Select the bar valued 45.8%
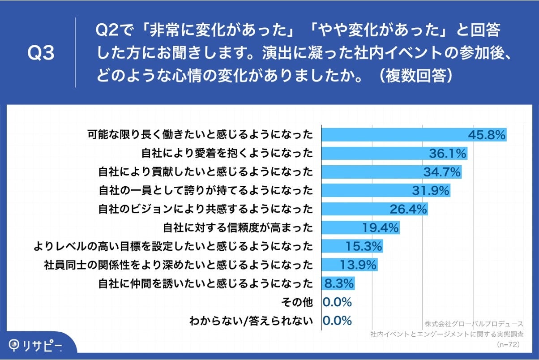394,134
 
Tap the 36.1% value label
448,154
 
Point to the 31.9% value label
430,191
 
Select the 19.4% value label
380,228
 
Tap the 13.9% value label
358,265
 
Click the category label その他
296,302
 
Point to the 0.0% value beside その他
337,302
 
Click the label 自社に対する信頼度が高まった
238,228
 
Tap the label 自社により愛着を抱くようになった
227,154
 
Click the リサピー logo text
43,345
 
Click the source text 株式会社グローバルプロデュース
474,324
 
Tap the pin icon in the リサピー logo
15,345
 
